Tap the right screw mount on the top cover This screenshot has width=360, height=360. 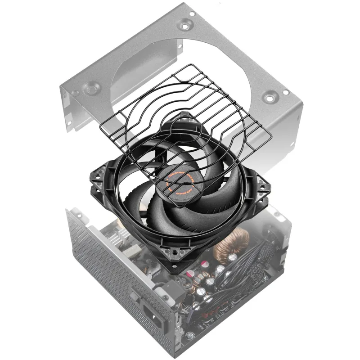point(270,95)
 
